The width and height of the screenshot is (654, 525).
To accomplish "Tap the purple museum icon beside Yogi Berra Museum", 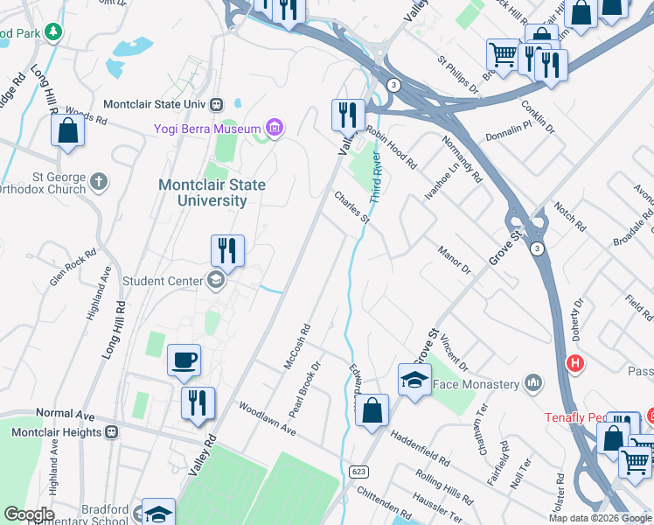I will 275,129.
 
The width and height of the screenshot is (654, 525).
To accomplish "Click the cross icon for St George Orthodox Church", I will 99,181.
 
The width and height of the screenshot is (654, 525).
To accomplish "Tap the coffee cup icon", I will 184,360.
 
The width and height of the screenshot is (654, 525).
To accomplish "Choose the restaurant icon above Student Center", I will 227,251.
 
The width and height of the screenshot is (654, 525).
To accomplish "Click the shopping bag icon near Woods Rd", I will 68,131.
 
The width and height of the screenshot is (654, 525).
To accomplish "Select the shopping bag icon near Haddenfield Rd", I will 372,410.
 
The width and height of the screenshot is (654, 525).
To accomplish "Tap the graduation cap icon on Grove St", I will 414,380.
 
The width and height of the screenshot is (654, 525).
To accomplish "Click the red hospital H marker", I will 574,363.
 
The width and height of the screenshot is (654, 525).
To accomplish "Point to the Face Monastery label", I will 477,383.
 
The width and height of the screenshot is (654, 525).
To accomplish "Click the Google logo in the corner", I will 28,514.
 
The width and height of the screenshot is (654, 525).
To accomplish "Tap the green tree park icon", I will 54,31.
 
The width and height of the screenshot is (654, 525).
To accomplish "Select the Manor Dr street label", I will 455,260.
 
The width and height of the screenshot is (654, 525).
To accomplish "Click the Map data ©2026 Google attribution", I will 600,518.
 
